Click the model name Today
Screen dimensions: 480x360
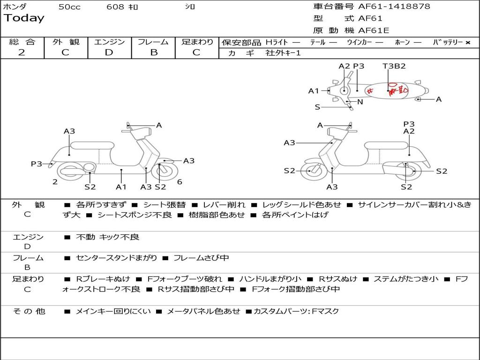click(24, 18)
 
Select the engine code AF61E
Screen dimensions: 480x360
click(374, 31)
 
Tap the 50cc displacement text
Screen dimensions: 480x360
click(69, 7)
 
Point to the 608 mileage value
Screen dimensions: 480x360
click(115, 7)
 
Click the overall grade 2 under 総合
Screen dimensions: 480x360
click(22, 52)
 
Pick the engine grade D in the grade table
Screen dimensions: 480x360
click(109, 52)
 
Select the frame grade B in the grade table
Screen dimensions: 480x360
click(153, 52)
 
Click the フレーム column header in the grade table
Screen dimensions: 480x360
click(153, 42)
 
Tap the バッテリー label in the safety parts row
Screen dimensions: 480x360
click(448, 43)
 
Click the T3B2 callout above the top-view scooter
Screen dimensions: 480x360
click(394, 66)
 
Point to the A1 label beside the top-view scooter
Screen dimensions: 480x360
click(314, 91)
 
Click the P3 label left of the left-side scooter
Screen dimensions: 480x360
click(36, 164)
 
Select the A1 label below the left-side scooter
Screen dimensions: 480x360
click(121, 187)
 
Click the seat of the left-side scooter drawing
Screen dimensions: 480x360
click(92, 145)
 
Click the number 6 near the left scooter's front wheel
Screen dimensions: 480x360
click(180, 182)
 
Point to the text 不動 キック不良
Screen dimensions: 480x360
click(108, 237)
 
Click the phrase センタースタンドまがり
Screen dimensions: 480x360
click(117, 258)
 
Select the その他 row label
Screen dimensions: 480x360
click(29, 311)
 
